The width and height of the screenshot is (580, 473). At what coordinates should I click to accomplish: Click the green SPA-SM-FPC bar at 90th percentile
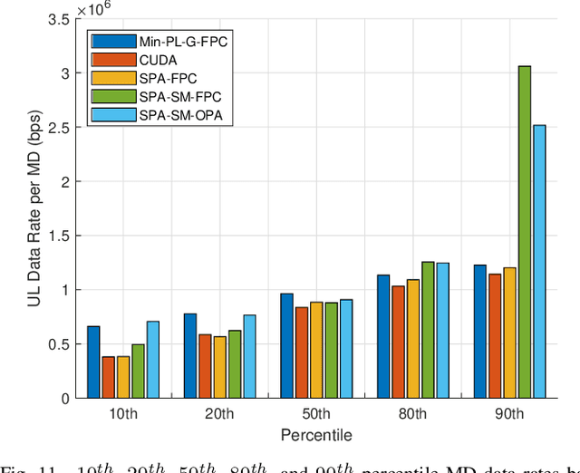point(525,232)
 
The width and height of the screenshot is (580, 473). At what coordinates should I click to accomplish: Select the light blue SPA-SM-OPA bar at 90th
point(539,262)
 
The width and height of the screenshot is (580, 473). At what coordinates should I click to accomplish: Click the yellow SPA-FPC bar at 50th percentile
point(316,350)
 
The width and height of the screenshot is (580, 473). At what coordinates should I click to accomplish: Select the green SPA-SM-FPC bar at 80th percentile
point(428,330)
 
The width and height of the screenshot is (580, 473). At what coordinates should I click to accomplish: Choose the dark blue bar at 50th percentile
point(286,345)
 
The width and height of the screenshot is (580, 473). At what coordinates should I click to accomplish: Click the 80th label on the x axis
point(412,414)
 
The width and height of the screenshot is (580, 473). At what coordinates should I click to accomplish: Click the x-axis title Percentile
point(314,435)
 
